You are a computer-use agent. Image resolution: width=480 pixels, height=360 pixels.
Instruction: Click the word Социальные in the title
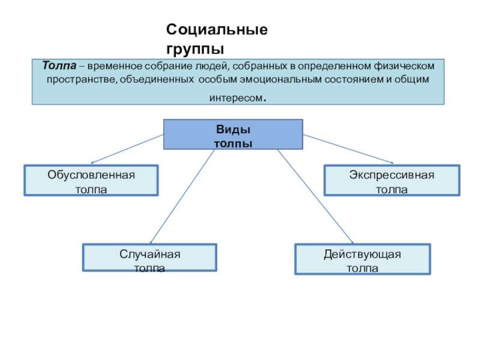pyautogui.click(x=217, y=30)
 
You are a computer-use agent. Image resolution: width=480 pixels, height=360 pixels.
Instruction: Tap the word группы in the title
pyautogui.click(x=195, y=49)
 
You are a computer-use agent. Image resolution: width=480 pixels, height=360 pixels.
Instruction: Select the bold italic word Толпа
pyautogui.click(x=59, y=65)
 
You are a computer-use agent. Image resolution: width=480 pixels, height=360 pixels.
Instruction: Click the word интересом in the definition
pyautogui.click(x=236, y=98)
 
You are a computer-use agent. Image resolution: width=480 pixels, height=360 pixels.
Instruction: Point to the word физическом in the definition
pyautogui.click(x=404, y=66)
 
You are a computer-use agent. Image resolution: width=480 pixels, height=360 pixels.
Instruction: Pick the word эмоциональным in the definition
pyautogui.click(x=280, y=80)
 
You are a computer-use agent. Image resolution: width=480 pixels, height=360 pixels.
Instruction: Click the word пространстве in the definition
pyautogui.click(x=81, y=80)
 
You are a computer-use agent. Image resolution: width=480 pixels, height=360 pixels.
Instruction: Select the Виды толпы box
pyautogui.click(x=233, y=134)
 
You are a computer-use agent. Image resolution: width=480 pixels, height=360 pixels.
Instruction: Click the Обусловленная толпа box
pyautogui.click(x=91, y=181)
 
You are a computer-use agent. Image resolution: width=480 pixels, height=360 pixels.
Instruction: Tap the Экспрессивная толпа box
pyautogui.click(x=392, y=181)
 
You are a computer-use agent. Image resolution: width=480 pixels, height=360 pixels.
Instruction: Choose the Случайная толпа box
pyautogui.click(x=149, y=257)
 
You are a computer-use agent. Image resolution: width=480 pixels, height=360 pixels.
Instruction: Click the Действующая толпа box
pyautogui.click(x=362, y=259)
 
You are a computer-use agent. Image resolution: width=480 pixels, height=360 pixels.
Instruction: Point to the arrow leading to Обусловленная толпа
pyautogui.click(x=127, y=149)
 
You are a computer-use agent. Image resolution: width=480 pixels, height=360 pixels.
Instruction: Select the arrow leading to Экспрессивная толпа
pyautogui.click(x=348, y=149)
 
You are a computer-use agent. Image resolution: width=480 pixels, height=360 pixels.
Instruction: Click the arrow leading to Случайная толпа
pyautogui.click(x=182, y=197)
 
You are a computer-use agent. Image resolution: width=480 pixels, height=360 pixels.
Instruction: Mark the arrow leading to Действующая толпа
pyautogui.click(x=316, y=197)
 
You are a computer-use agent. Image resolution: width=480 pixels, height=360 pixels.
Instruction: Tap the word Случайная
pyautogui.click(x=149, y=254)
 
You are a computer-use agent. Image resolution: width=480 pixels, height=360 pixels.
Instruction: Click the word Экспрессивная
pyautogui.click(x=392, y=175)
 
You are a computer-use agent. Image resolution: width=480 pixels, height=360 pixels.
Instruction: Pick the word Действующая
pyautogui.click(x=362, y=254)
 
